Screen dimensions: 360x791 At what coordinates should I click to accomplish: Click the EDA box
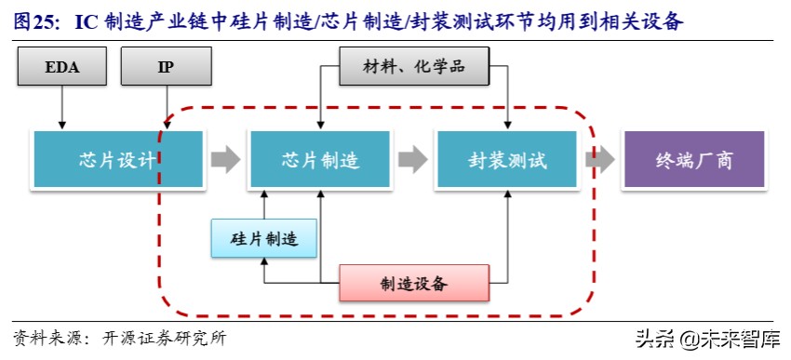[x=62, y=67]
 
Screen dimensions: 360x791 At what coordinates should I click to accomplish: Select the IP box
[x=167, y=67]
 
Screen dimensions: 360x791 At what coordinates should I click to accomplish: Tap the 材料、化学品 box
[x=414, y=67]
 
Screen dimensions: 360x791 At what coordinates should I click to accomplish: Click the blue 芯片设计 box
[x=117, y=160]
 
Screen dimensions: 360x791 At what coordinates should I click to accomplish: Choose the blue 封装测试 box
[x=508, y=160]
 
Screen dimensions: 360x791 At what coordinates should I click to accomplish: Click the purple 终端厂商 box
[x=693, y=160]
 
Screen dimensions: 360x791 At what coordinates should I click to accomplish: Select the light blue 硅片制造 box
[x=263, y=239]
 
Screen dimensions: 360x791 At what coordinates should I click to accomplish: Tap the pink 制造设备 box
[x=413, y=282]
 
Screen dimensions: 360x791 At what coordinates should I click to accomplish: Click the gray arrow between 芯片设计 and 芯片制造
[x=225, y=160]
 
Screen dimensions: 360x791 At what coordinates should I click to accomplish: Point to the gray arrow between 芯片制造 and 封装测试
[x=413, y=160]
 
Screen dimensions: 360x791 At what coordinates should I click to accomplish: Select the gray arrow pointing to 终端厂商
[x=600, y=160]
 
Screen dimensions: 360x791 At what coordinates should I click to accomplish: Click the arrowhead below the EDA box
[x=62, y=125]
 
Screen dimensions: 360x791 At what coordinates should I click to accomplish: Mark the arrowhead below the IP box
[x=167, y=125]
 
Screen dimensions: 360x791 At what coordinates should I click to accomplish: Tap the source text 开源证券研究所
[x=168, y=338]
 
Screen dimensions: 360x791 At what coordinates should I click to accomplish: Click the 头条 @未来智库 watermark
[x=708, y=339]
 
